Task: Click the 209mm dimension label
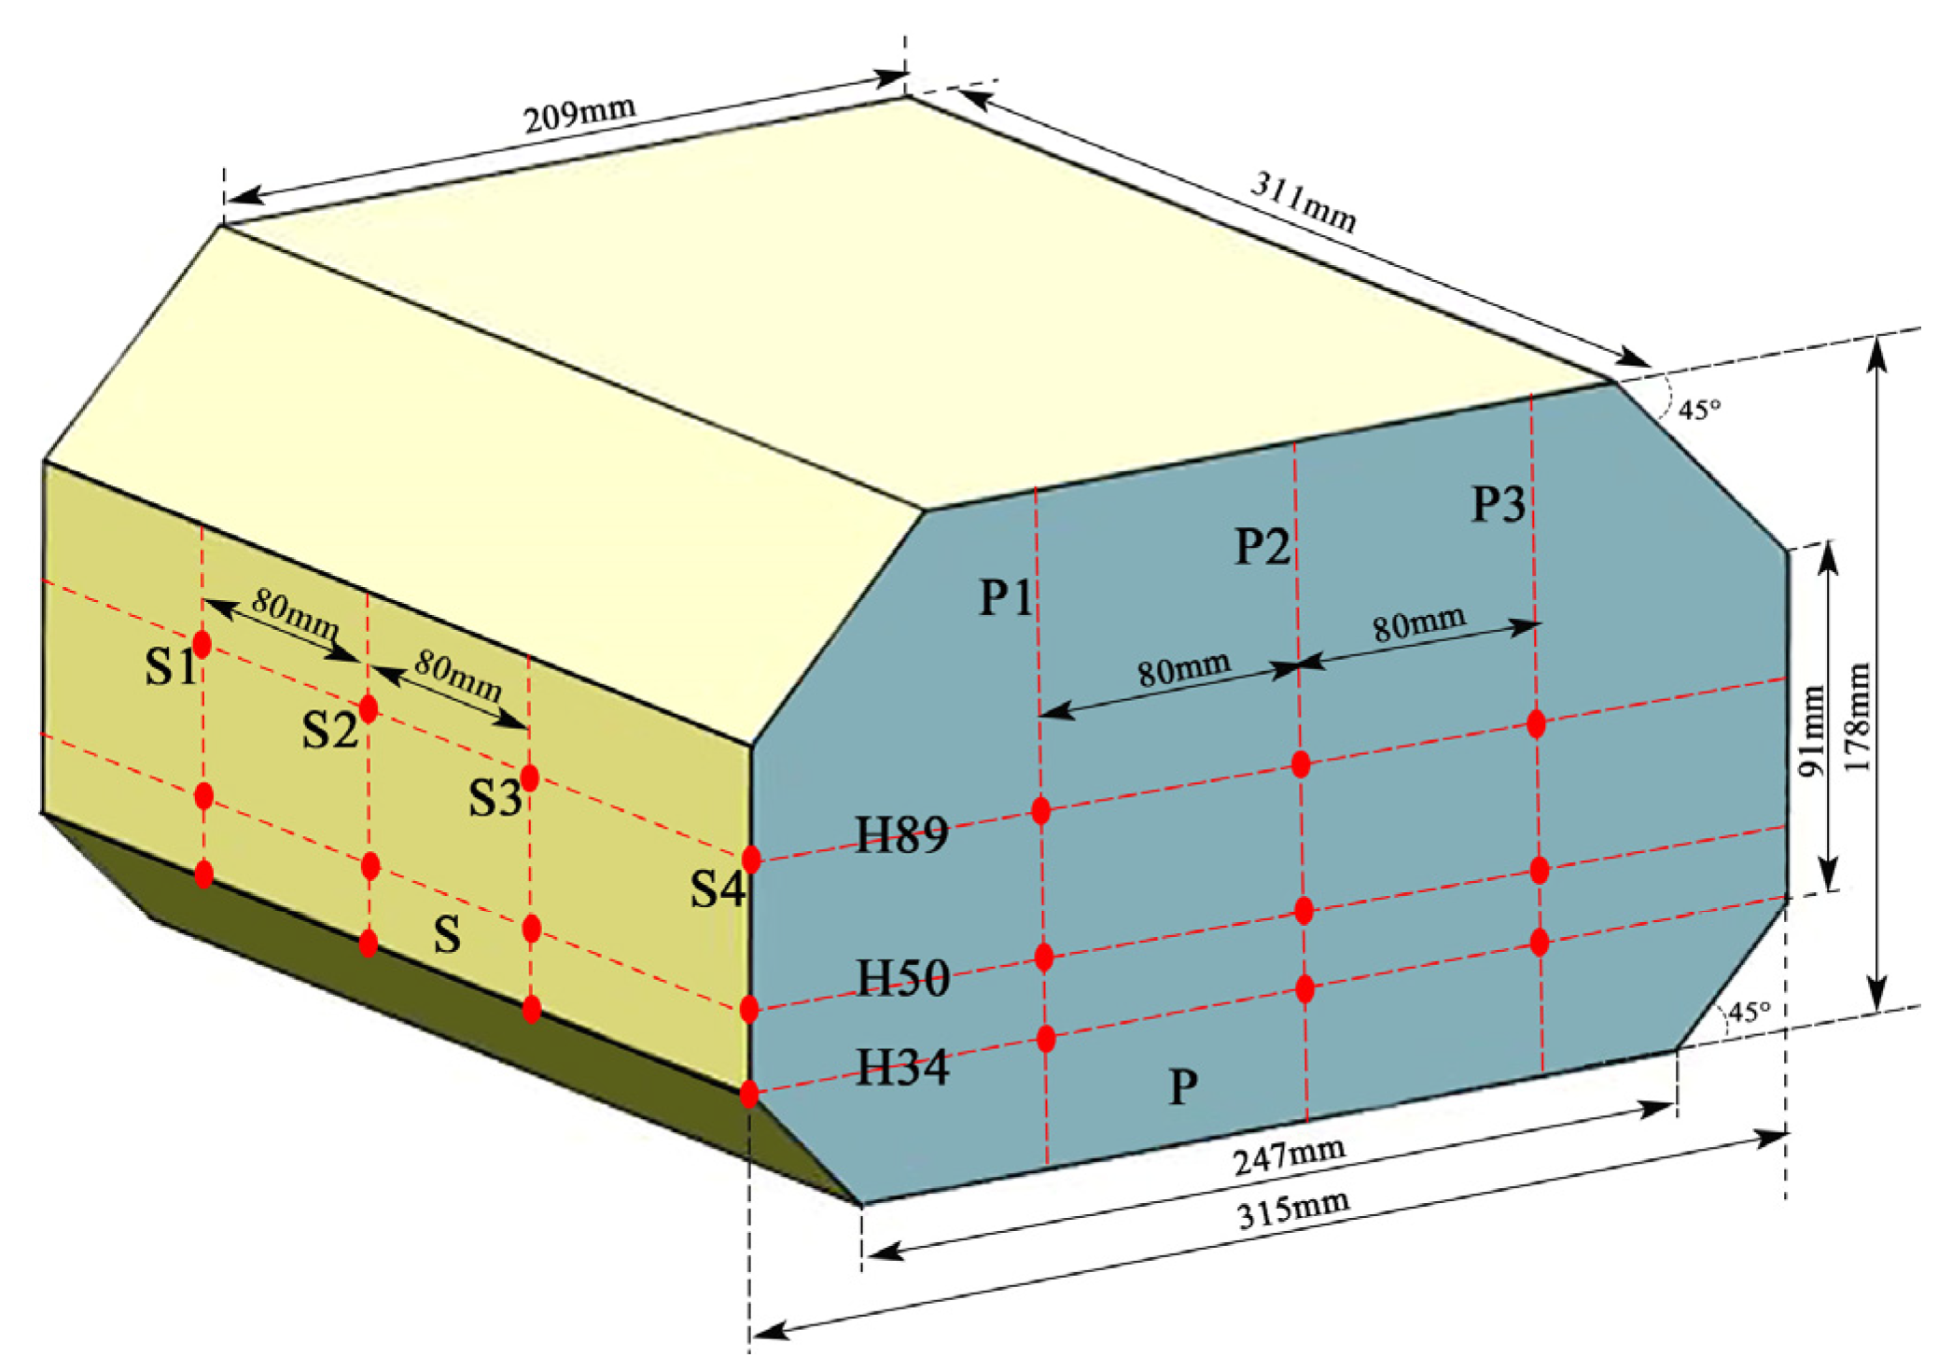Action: (x=579, y=115)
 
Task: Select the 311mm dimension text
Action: (x=1303, y=202)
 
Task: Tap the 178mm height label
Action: (x=1858, y=717)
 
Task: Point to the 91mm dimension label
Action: (x=1811, y=731)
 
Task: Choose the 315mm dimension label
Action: (x=1293, y=1210)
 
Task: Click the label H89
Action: (x=901, y=834)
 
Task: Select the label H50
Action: (x=902, y=978)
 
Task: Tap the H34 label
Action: (x=902, y=1067)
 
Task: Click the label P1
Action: (x=1005, y=597)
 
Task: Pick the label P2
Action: (x=1262, y=546)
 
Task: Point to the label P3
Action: (x=1498, y=504)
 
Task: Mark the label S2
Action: (x=329, y=730)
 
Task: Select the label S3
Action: (x=494, y=798)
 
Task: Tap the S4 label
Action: (x=717, y=888)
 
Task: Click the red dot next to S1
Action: (x=202, y=644)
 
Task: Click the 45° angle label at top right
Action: (x=1699, y=409)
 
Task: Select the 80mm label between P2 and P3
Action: (x=1418, y=623)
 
